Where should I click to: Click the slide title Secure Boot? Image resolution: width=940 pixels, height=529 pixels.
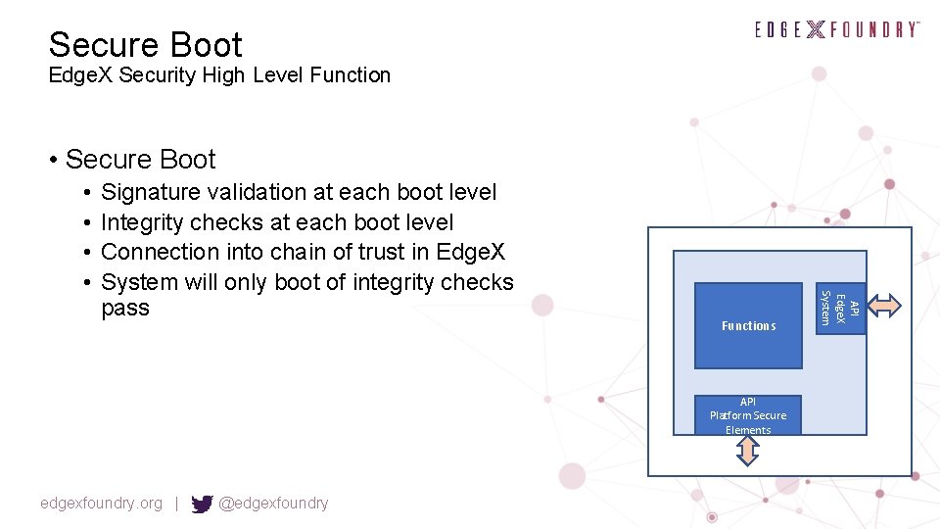click(145, 45)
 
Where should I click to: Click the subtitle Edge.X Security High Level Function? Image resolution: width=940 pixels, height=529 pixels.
click(219, 75)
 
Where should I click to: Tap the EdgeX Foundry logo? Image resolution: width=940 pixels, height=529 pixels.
click(836, 29)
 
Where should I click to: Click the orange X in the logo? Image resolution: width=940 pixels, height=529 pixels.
click(816, 29)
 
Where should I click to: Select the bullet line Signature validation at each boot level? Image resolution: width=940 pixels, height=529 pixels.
click(299, 192)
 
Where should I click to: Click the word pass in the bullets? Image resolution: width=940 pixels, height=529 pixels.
click(125, 308)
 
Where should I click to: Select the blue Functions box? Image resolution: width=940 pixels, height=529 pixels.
click(748, 325)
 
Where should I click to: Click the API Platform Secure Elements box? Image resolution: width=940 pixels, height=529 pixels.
click(748, 415)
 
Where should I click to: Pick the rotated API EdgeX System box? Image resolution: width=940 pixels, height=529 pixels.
click(841, 307)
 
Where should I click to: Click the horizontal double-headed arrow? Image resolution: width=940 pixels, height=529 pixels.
click(885, 306)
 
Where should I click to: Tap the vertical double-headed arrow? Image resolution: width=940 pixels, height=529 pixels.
click(747, 450)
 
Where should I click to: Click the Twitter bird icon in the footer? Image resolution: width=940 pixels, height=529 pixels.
click(202, 504)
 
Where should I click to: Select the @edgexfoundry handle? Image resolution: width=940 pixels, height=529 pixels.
click(273, 504)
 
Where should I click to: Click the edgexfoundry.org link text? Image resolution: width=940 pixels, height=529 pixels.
click(101, 504)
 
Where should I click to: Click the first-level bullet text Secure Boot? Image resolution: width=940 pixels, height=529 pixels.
click(140, 159)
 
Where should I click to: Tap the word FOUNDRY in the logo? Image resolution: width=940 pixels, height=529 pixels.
click(875, 29)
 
